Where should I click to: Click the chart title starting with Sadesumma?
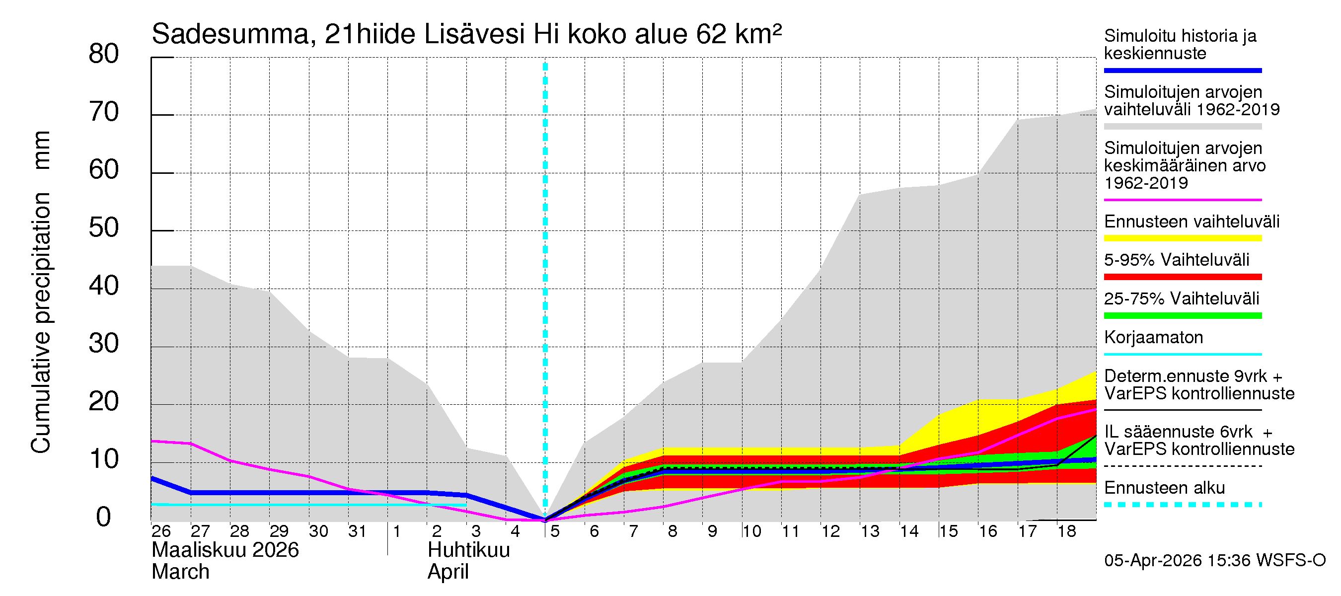466,34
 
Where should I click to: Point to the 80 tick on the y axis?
104,54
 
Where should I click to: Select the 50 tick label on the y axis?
104,228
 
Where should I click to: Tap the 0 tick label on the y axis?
104,517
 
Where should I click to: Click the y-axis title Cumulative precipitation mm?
41,292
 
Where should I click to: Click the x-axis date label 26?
161,531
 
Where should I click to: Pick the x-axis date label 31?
357,531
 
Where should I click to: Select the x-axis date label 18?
1066,531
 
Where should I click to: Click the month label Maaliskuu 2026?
225,550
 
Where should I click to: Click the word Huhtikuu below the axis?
468,550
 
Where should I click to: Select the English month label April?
447,572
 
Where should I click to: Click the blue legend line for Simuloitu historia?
1182,70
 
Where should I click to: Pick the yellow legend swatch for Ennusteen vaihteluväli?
1182,238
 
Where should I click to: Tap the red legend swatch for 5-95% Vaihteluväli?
1182,277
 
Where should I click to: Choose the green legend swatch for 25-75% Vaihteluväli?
1182,315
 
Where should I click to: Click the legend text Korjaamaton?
1153,337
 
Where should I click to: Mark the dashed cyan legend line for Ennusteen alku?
1182,505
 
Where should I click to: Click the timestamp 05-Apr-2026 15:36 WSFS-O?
1214,560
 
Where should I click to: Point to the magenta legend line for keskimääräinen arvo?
1182,200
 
